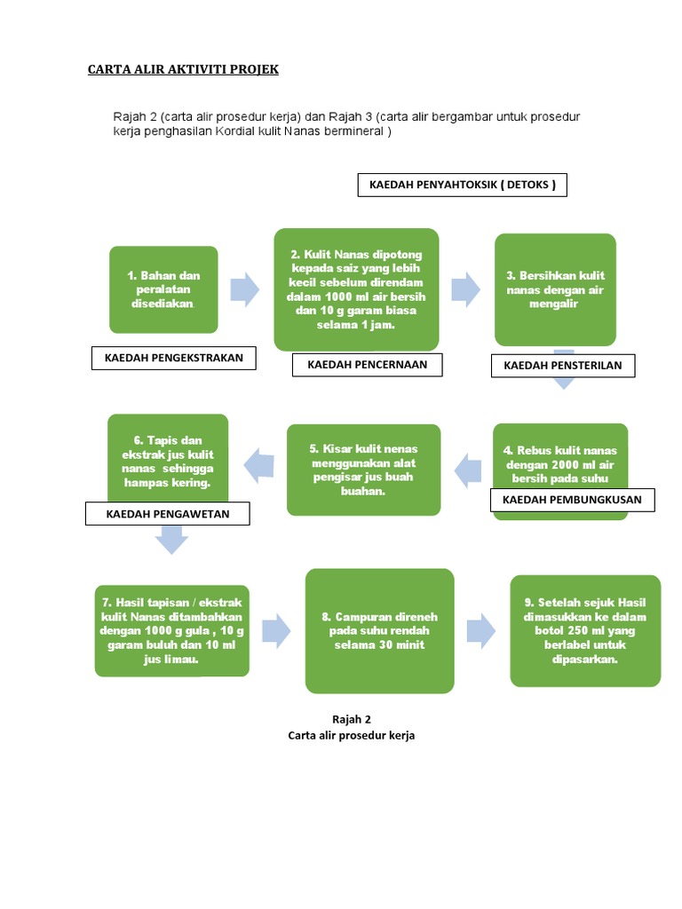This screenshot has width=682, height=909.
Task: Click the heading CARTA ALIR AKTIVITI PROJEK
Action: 183,69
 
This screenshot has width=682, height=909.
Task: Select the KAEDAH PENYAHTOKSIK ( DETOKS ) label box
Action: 461,185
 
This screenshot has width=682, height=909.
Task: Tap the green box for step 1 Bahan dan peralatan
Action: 163,289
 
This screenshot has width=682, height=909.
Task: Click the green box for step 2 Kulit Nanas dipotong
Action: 356,289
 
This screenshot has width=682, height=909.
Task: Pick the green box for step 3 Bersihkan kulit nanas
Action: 554,289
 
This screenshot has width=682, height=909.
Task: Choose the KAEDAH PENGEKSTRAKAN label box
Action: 174,358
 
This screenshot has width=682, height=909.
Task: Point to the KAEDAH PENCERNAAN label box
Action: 367,364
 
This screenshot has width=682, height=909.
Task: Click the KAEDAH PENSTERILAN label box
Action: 563,365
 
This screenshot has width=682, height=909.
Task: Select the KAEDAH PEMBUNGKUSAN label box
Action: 572,501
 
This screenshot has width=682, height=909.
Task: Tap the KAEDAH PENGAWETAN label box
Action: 168,514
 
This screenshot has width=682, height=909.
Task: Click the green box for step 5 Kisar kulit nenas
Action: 363,470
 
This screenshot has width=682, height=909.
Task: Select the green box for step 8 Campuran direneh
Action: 379,630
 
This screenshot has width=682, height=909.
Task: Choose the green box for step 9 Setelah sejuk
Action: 585,630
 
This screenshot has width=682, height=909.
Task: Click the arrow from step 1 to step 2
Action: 244,289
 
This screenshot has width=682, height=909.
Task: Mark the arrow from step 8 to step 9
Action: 481,629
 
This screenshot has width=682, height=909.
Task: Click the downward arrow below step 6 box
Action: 171,539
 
